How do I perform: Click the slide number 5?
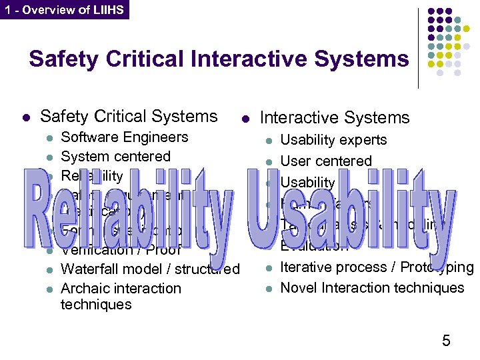(x=446, y=341)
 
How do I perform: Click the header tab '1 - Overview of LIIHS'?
(x=64, y=10)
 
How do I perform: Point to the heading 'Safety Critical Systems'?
(x=129, y=116)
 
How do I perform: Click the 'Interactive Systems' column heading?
(x=334, y=118)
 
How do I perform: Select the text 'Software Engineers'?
(x=124, y=137)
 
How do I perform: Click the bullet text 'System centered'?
(x=115, y=157)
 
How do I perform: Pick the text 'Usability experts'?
(x=333, y=140)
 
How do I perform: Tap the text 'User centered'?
(x=325, y=161)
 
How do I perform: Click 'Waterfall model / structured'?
(x=150, y=269)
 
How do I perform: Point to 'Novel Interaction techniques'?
(x=372, y=288)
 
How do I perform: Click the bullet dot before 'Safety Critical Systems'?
(x=25, y=118)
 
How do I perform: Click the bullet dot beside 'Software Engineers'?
(x=48, y=139)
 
